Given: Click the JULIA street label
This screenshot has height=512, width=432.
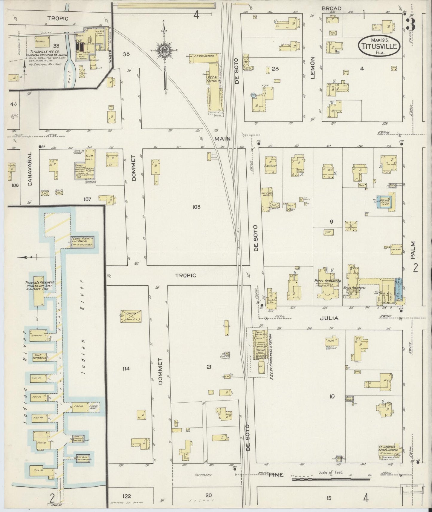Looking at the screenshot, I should click(x=329, y=318).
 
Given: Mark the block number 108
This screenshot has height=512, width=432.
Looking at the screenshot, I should click(x=196, y=207).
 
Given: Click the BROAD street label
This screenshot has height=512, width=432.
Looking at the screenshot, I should click(x=332, y=8).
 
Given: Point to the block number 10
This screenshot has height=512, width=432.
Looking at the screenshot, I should click(x=332, y=397).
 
